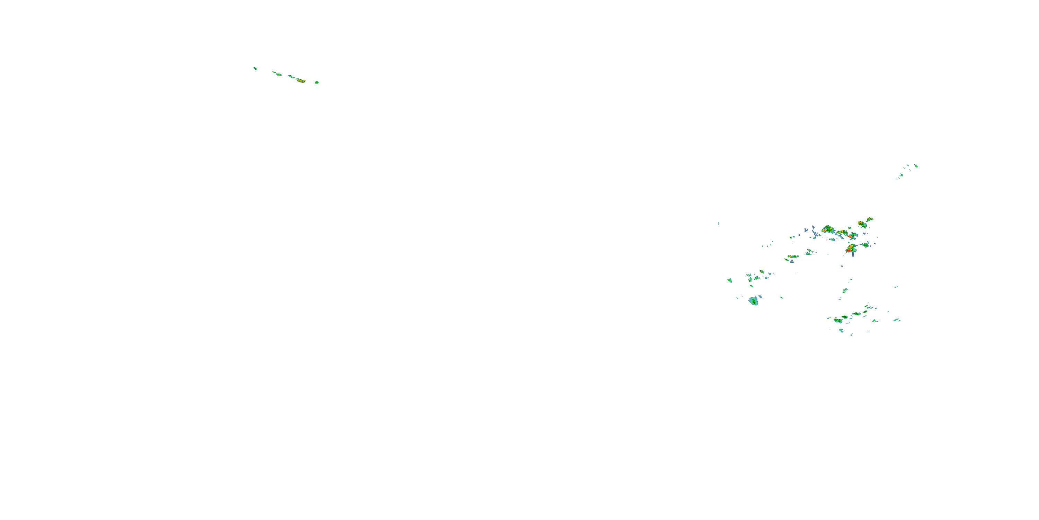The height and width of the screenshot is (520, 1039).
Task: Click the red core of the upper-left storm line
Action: click(x=301, y=81)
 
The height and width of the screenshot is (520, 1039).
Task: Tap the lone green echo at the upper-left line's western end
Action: click(x=255, y=68)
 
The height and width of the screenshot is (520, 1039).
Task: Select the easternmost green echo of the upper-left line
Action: click(x=317, y=83)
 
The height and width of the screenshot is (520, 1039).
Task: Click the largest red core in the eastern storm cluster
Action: click(x=850, y=249)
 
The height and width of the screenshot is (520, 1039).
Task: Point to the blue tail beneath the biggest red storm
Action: click(x=853, y=255)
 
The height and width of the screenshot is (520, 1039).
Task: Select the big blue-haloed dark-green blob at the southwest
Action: click(x=753, y=301)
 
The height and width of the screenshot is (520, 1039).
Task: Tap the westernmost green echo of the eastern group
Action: click(x=730, y=280)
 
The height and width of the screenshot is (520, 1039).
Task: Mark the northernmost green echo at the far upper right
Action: click(x=916, y=166)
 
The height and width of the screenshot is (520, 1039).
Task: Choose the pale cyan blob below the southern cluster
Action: click(x=841, y=330)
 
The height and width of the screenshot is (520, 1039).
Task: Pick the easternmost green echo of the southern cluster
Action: click(x=896, y=320)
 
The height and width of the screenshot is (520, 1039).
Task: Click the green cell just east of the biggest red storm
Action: click(x=865, y=245)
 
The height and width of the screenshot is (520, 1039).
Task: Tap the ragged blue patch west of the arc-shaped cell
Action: click(x=815, y=233)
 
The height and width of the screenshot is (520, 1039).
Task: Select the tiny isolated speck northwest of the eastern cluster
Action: click(x=718, y=223)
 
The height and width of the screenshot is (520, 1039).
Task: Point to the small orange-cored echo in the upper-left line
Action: click(x=279, y=74)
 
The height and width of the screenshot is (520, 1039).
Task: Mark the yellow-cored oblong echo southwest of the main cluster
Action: click(x=792, y=257)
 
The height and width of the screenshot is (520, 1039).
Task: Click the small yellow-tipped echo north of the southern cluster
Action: click(x=845, y=289)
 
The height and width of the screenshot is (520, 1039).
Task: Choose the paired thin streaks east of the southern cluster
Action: click(x=896, y=287)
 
